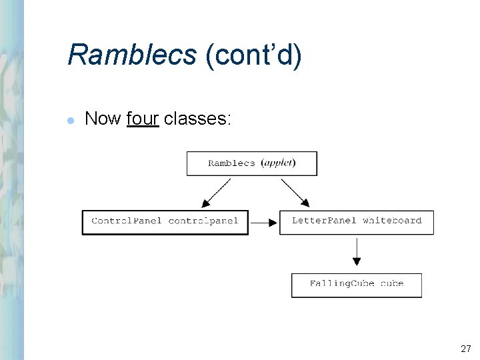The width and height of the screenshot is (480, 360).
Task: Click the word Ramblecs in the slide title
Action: [131, 55]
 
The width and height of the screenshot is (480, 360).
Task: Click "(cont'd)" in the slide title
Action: [253, 55]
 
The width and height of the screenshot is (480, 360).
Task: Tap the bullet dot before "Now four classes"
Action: [71, 120]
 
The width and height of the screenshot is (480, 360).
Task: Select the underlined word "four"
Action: [142, 119]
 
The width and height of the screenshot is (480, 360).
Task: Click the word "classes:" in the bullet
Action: [197, 119]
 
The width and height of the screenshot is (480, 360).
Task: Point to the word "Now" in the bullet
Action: [103, 119]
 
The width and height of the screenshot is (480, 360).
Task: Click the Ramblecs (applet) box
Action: [251, 163]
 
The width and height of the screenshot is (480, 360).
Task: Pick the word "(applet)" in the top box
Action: [279, 163]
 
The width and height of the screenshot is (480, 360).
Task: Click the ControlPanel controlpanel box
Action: [165, 222]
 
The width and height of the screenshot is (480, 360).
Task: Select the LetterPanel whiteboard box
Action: [356, 222]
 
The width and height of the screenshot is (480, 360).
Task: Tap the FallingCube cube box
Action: [356, 285]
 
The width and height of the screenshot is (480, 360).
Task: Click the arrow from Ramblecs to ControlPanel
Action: [215, 193]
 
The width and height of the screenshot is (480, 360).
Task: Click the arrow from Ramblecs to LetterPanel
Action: [295, 193]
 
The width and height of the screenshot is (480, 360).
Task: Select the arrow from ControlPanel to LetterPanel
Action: [264, 223]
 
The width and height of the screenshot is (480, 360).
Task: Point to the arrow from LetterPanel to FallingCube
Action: [357, 252]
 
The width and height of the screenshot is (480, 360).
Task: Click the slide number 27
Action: [465, 348]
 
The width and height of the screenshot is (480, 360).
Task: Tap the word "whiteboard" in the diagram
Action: [392, 221]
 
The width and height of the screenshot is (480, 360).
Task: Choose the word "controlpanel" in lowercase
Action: [203, 221]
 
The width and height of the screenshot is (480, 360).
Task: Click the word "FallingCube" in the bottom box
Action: [341, 283]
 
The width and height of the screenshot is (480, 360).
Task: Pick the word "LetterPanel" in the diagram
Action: [324, 221]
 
